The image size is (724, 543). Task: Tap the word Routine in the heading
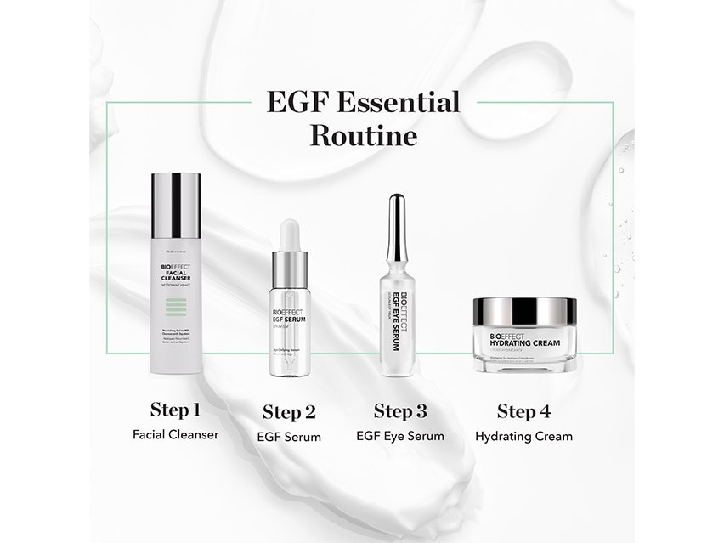pos(363,135)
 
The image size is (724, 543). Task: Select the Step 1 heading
pos(175,410)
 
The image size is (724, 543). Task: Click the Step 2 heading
pos(289,413)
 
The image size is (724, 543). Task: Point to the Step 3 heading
pos(400,412)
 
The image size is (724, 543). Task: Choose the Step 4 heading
pos(523,412)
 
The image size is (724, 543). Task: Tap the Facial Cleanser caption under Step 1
pos(175,435)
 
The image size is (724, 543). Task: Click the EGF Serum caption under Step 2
pos(289,437)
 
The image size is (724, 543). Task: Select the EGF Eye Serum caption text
pos(400,437)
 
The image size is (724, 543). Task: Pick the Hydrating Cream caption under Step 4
pos(523,437)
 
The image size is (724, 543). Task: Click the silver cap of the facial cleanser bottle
pos(176,205)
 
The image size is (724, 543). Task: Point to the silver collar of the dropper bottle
pos(290,269)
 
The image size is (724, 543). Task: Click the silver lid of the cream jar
pos(524,311)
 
